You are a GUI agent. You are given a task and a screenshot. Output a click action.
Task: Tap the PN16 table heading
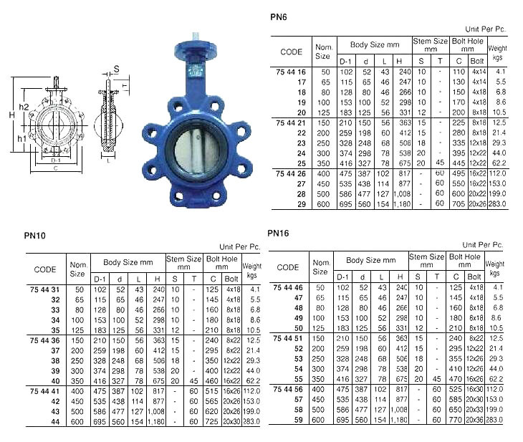tap(278, 233)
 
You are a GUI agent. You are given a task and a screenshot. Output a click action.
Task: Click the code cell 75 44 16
tap(291, 72)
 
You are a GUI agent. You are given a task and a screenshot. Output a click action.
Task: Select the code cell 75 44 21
tap(291, 123)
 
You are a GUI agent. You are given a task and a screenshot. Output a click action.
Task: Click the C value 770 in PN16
tap(454, 419)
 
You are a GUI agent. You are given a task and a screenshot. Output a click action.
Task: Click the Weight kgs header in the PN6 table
tap(497, 52)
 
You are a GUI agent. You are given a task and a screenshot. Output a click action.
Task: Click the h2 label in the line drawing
tap(24, 107)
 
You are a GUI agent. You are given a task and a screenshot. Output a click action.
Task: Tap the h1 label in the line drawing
tap(22, 138)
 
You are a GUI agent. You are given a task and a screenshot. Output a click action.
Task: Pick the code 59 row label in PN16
tap(299, 419)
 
